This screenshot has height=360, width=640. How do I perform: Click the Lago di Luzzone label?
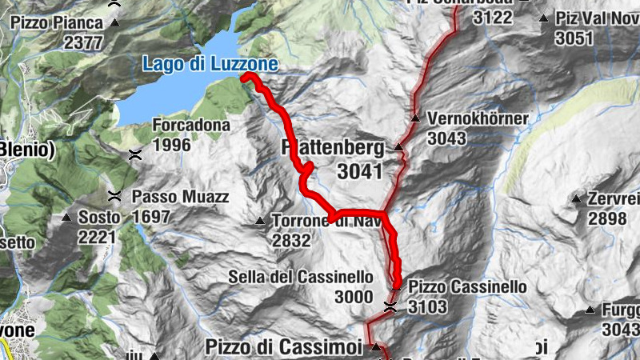point(210,63)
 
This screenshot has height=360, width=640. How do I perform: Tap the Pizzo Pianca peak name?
point(57,23)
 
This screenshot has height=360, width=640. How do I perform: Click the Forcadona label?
point(191,126)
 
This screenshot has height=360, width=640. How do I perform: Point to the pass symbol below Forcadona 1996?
point(137,154)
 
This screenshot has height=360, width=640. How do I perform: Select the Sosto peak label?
point(98,218)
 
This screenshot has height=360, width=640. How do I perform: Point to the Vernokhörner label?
point(478,119)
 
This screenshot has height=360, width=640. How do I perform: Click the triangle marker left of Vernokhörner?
point(415,119)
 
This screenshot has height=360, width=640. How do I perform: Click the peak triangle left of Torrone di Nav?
point(259,221)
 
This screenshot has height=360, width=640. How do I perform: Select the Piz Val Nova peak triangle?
point(542,18)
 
